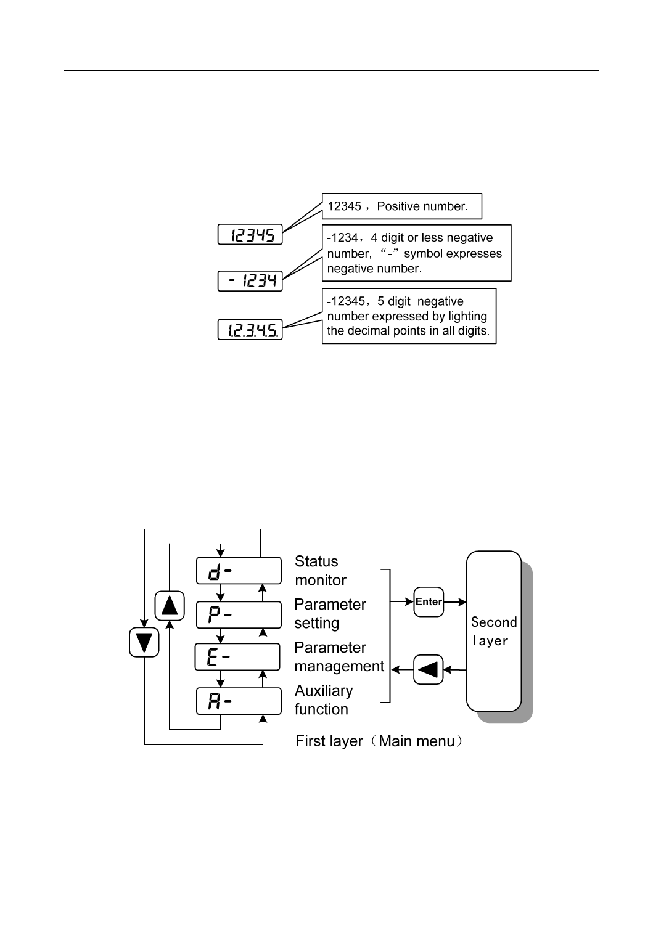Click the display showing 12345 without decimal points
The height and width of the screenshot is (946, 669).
coord(250,234)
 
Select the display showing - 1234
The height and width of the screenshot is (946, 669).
coord(250,281)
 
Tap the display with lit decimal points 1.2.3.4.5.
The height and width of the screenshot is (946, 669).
coord(250,330)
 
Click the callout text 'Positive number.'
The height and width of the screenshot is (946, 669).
coord(422,206)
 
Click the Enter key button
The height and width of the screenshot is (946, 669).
coord(429,602)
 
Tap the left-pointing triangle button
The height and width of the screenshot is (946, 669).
coord(429,669)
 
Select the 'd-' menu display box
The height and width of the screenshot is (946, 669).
coord(239,571)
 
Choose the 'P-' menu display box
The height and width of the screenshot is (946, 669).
coord(239,614)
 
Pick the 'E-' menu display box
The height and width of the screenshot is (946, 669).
coord(237,657)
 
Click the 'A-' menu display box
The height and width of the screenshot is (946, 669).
coord(239,701)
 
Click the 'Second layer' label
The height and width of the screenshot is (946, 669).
coord(493,631)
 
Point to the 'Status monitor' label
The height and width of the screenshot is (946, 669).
coord(320,571)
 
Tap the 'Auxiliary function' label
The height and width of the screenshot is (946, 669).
coord(323,700)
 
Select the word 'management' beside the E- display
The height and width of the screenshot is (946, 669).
coord(339,667)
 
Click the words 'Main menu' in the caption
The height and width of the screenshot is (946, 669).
coord(416,741)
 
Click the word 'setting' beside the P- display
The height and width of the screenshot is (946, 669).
coord(316,624)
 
